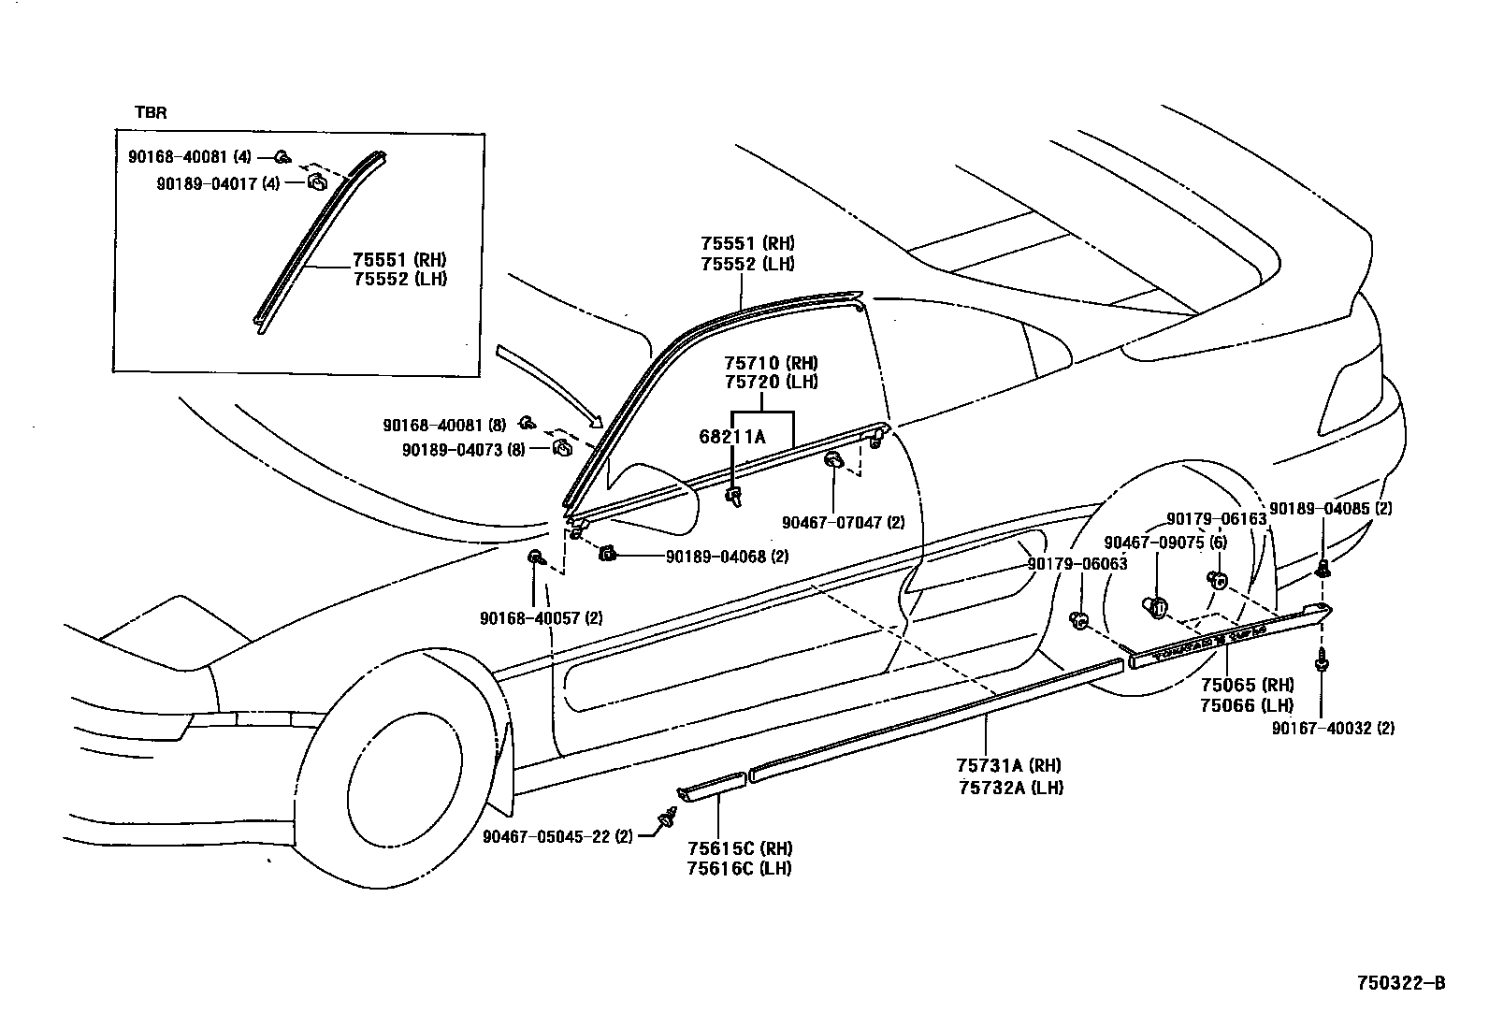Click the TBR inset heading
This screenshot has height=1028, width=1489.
click(x=152, y=112)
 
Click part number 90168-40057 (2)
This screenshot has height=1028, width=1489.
click(x=541, y=618)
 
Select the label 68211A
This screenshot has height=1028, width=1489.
click(x=731, y=436)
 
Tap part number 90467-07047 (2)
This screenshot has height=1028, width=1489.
click(x=843, y=522)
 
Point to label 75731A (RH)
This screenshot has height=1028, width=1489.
click(x=1009, y=766)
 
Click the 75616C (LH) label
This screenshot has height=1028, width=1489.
click(x=739, y=868)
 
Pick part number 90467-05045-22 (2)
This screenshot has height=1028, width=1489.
click(x=557, y=836)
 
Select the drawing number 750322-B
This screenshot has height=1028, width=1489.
click(x=1401, y=983)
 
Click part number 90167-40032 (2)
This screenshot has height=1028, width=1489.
click(x=1333, y=728)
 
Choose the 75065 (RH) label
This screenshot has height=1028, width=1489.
click(x=1247, y=685)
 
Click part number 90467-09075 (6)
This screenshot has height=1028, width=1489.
click(x=1165, y=543)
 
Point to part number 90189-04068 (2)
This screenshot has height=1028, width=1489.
click(x=727, y=557)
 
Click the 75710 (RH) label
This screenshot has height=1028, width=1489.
click(x=771, y=363)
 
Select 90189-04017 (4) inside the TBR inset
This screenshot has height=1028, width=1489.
click(x=217, y=183)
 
